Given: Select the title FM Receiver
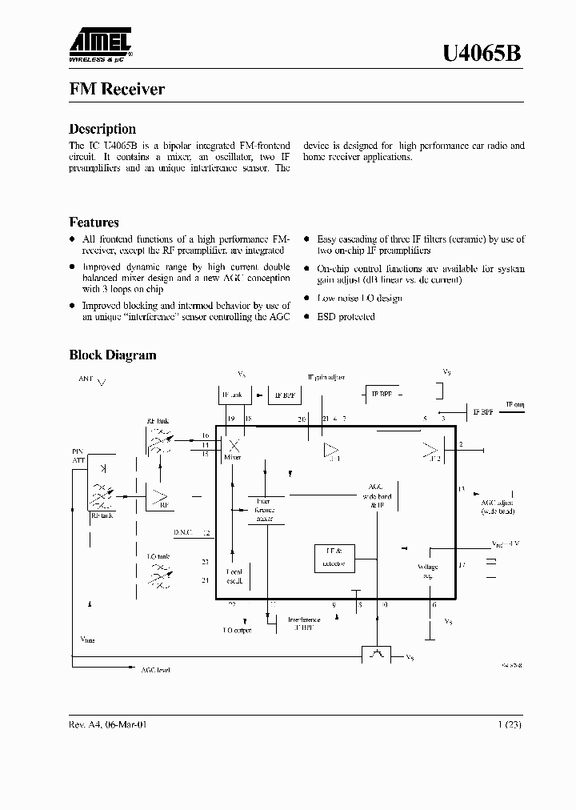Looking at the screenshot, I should [117, 89].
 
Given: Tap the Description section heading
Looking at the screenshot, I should [102, 129].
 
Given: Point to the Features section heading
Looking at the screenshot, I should [94, 223].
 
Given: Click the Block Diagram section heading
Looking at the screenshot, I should [113, 355].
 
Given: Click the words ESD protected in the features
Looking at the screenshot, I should [346, 317].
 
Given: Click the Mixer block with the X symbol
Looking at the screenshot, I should [234, 447].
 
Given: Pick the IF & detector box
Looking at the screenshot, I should [334, 558].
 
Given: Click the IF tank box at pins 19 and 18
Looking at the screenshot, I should [235, 395].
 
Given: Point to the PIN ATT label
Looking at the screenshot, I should [78, 456].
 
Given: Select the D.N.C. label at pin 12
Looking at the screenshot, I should [184, 531].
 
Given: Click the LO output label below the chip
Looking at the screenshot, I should [237, 631].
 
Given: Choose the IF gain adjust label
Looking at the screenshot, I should [326, 377].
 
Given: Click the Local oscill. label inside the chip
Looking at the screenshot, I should [234, 576].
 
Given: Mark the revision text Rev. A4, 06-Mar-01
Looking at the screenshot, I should [108, 724].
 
